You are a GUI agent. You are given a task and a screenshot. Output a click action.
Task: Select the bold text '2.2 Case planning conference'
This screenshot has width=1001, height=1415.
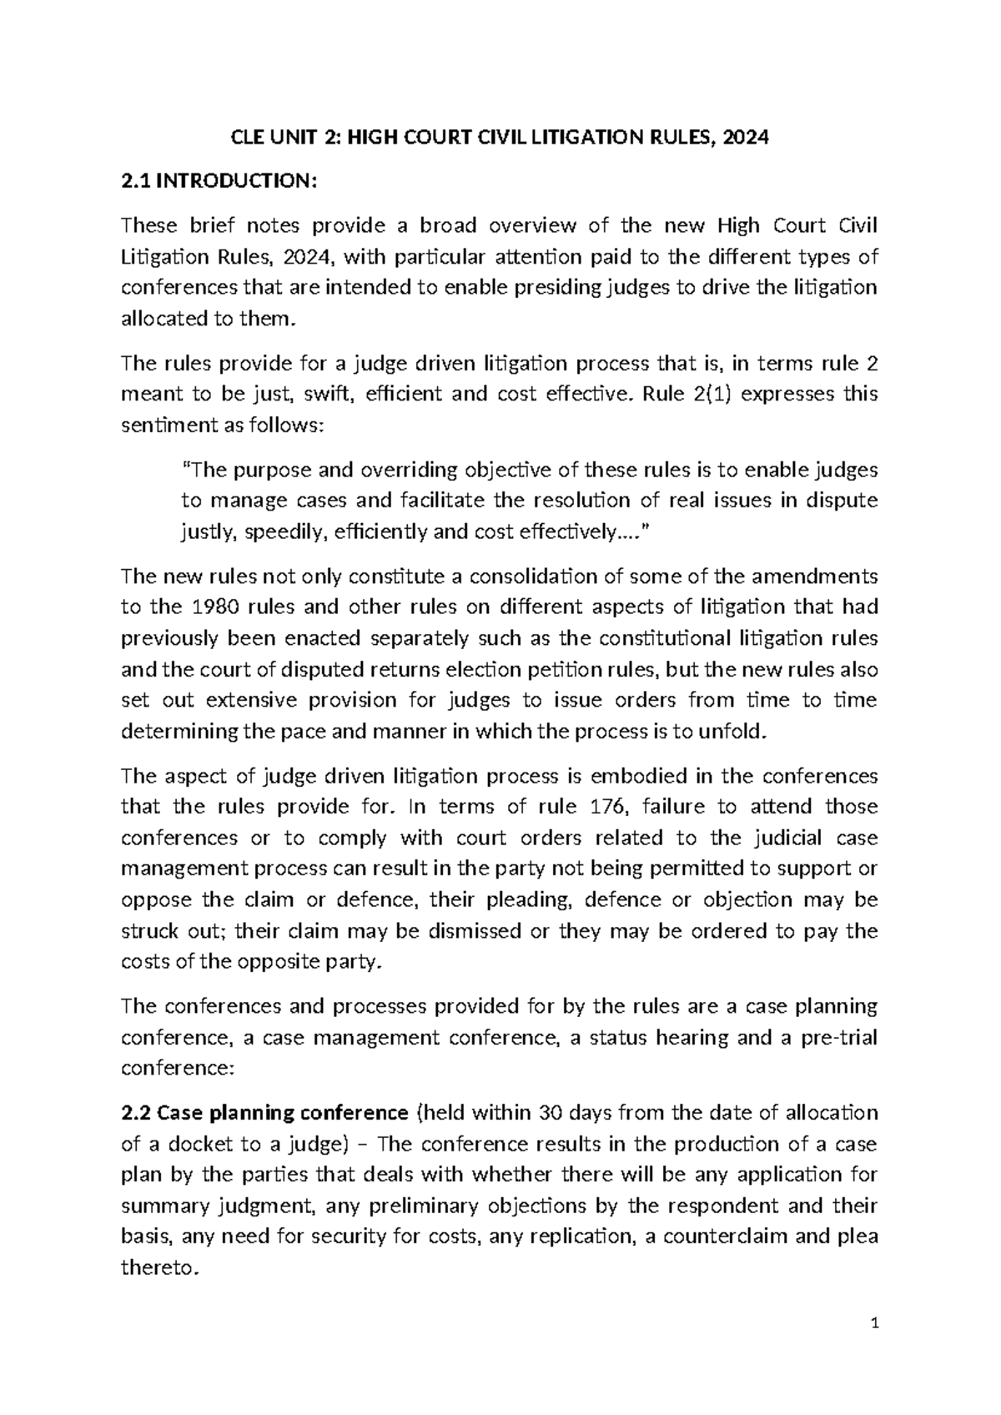(265, 1113)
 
